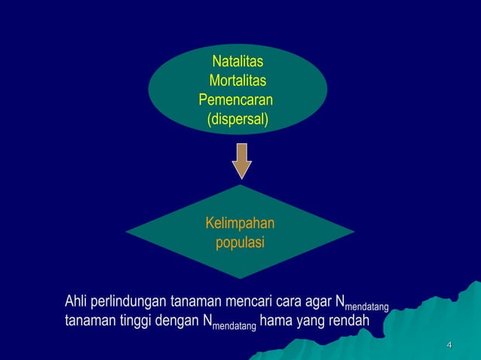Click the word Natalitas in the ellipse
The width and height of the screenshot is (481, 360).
(237, 63)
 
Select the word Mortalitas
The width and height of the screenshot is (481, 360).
(237, 81)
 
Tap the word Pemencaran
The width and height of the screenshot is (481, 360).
(234, 100)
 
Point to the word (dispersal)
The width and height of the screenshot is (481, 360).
(237, 119)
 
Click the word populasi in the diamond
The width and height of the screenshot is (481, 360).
(240, 243)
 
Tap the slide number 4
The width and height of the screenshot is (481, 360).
(449, 346)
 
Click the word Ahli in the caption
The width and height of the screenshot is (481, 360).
(76, 303)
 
